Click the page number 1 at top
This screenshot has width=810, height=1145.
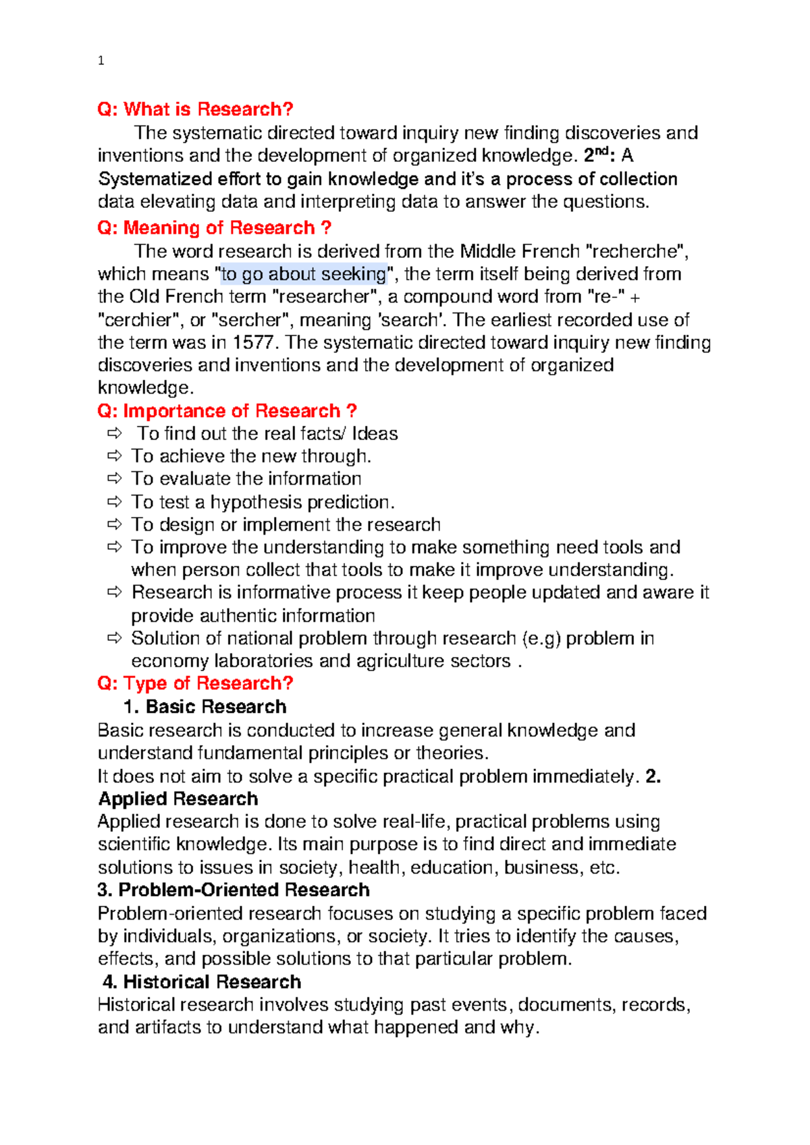[x=101, y=61]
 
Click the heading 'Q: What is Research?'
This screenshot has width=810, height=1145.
[x=195, y=109]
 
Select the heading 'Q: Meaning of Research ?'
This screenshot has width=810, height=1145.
[x=214, y=228]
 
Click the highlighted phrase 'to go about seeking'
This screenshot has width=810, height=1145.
[x=304, y=274]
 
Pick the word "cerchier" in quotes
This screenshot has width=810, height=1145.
[x=139, y=319]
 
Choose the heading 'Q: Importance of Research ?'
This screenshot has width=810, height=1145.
[x=227, y=410]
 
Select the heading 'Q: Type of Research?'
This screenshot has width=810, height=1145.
[x=195, y=683]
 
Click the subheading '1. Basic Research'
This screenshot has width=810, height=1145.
[x=205, y=707]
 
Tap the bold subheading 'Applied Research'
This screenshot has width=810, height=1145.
[x=178, y=799]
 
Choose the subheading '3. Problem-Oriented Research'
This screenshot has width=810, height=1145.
[x=234, y=890]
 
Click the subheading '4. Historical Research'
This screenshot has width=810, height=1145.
[x=202, y=982]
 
